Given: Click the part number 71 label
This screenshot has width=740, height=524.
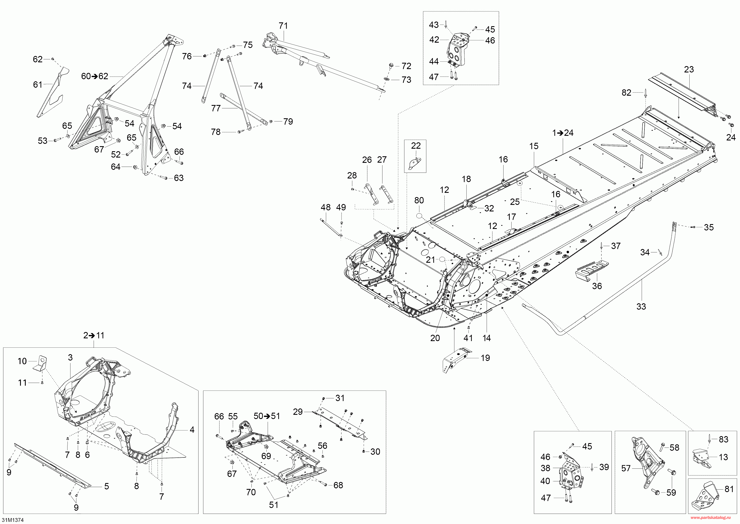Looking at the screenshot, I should [x=283, y=26].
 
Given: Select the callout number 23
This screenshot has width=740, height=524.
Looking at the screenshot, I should [x=689, y=69].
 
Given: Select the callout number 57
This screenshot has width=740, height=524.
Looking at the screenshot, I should [x=626, y=468].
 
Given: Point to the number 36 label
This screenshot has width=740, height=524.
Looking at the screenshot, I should [x=597, y=286].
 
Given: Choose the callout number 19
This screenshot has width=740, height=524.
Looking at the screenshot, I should [x=485, y=358].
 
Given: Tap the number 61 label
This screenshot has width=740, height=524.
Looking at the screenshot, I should [x=38, y=84].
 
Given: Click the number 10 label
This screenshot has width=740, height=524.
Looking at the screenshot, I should [x=22, y=361].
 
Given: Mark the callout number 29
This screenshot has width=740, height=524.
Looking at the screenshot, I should [x=298, y=412].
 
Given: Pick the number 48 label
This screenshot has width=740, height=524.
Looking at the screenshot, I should [x=325, y=207].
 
